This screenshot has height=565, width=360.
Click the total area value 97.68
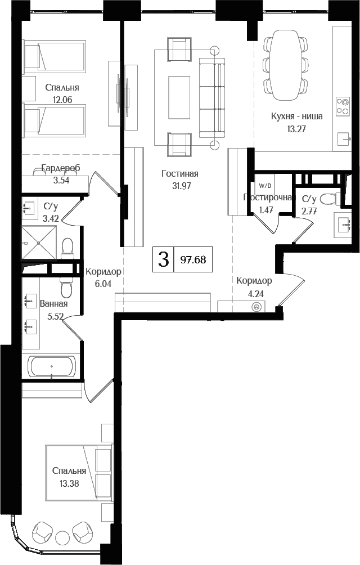193,259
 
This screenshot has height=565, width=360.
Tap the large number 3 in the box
164,259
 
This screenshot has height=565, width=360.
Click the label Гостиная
179,174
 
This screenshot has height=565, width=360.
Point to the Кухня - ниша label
296,117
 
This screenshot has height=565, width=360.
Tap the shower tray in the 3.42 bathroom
39,243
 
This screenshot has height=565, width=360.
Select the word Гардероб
61,168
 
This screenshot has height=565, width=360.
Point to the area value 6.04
103,284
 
